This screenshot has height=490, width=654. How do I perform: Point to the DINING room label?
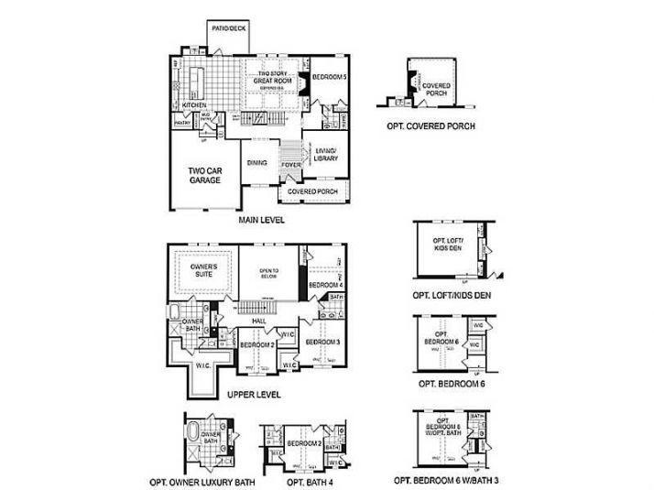(x=256, y=163)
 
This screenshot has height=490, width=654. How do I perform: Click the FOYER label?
(x=291, y=165)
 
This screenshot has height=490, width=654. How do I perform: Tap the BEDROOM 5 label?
(x=330, y=79)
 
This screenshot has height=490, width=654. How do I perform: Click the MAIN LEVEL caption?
(x=262, y=220)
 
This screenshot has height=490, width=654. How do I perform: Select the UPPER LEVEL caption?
(x=253, y=395)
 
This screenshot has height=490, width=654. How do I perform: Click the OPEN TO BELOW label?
(x=267, y=271)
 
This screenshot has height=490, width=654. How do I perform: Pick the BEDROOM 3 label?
(x=322, y=342)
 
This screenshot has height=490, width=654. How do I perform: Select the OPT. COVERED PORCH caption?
(x=431, y=126)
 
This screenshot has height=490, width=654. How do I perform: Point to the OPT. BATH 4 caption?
(x=309, y=481)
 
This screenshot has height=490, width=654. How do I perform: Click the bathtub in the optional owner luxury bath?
(x=193, y=431)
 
